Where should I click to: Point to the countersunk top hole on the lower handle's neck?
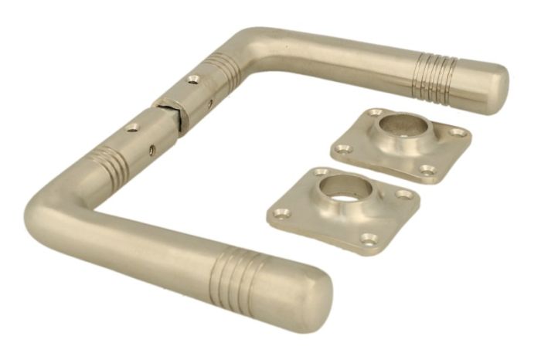[132, 127]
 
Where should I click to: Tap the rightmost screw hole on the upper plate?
[462, 132]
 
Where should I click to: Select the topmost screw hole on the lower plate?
[320, 171]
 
